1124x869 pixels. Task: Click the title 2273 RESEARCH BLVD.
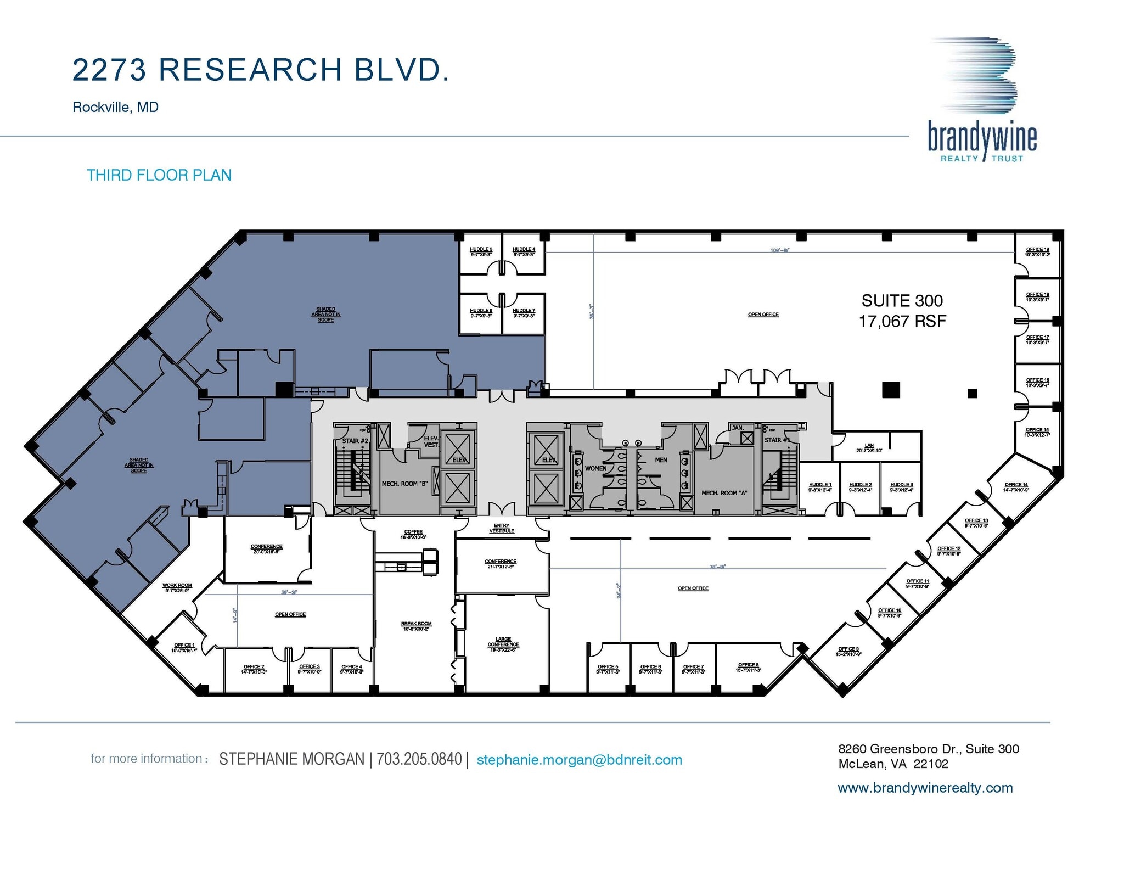click(x=261, y=70)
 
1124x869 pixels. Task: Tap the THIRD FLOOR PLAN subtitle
click(x=159, y=175)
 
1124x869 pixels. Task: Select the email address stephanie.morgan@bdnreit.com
click(x=579, y=760)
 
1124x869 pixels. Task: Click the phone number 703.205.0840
click(x=419, y=759)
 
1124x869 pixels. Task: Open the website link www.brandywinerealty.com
click(x=925, y=788)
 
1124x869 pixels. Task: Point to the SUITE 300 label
click(x=902, y=301)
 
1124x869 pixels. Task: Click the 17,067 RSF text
click(x=902, y=321)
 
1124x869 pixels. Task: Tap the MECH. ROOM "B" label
click(x=404, y=484)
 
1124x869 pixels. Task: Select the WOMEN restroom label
click(x=595, y=468)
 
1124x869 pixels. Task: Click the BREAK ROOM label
click(x=416, y=624)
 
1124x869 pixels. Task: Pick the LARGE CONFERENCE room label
click(x=503, y=642)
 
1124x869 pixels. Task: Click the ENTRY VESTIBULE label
click(x=501, y=529)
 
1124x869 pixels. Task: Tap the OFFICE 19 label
click(x=1037, y=250)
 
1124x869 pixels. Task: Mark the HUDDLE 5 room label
click(x=481, y=250)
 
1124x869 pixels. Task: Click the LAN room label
click(x=869, y=446)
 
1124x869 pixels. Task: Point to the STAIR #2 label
click(x=355, y=441)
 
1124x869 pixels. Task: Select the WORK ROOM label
click(x=177, y=586)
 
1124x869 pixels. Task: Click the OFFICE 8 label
click(x=748, y=665)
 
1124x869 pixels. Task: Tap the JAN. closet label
click(x=738, y=428)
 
